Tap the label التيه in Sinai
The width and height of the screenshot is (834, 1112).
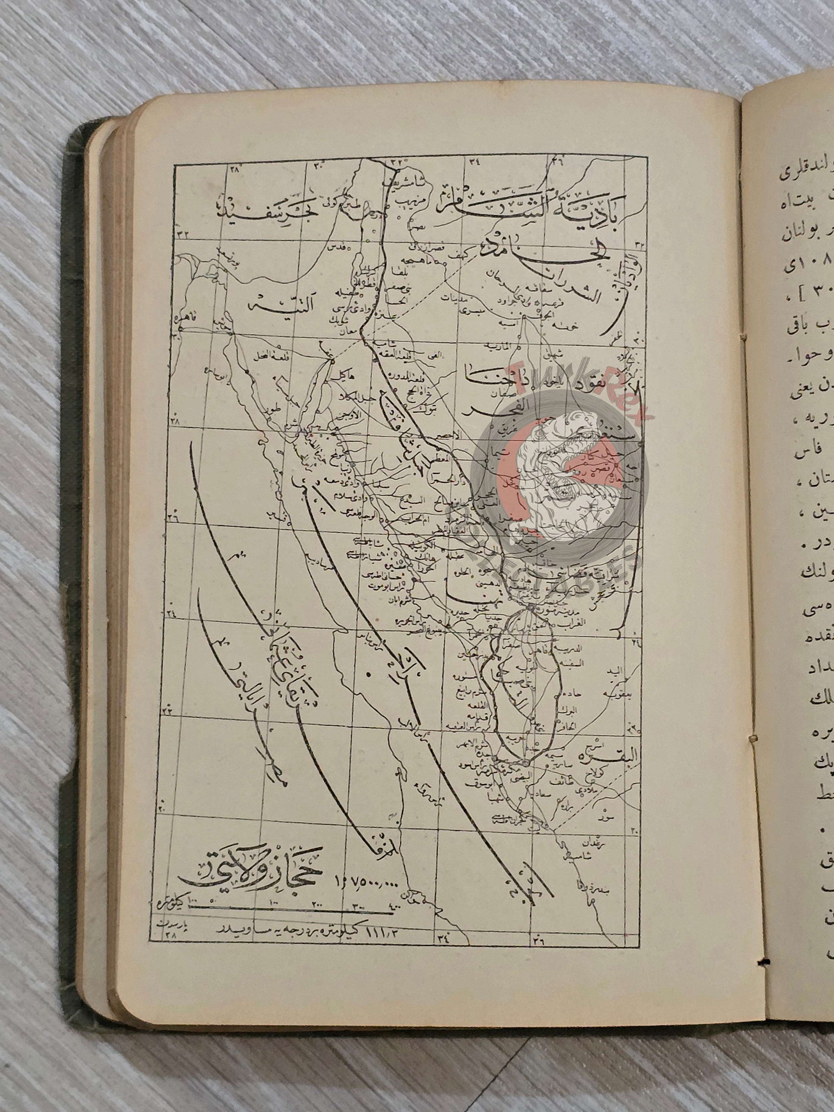269,305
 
